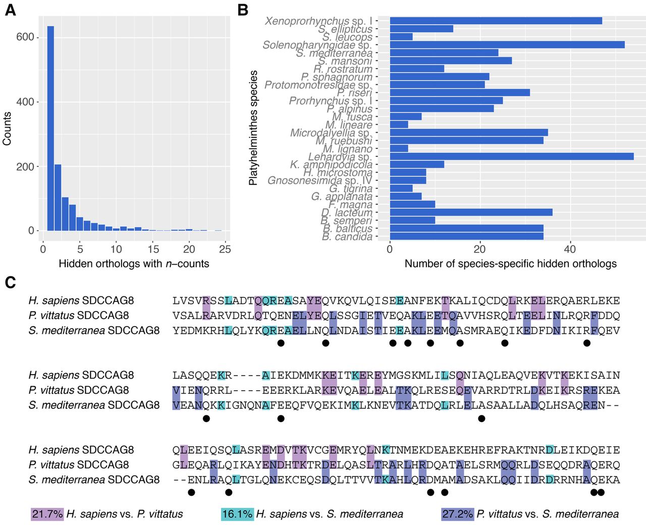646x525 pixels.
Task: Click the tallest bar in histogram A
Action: click(x=50, y=128)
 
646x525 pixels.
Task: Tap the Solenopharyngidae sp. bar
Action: click(x=507, y=45)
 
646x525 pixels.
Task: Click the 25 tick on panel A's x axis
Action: click(x=225, y=249)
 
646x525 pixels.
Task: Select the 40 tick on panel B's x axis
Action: click(x=570, y=249)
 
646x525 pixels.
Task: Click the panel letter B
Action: click(x=243, y=10)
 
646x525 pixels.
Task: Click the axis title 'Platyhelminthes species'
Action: click(x=253, y=128)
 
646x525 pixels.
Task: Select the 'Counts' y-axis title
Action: click(x=7, y=129)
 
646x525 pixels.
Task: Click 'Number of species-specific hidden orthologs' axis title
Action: click(x=510, y=264)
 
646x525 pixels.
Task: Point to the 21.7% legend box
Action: click(x=47, y=514)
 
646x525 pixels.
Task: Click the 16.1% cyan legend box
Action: click(x=237, y=514)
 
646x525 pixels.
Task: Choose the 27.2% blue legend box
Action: click(x=457, y=514)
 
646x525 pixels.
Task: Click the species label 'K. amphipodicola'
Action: click(x=331, y=165)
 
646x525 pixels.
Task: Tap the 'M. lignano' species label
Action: click(x=348, y=149)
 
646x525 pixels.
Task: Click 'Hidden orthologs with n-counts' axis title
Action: click(x=134, y=264)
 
